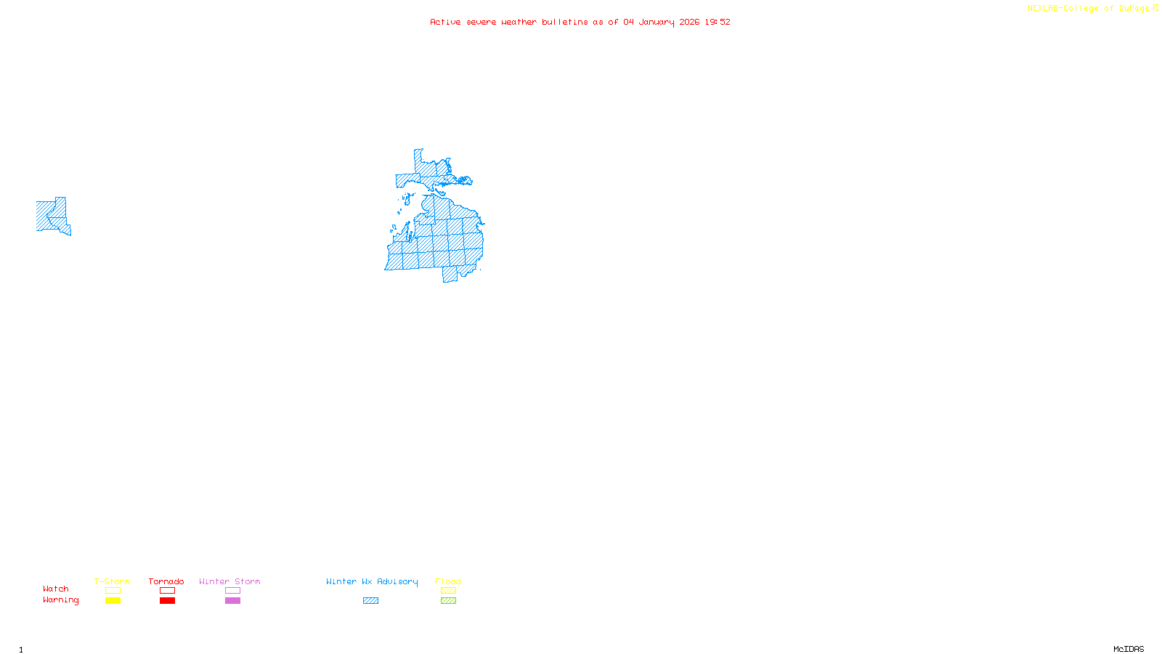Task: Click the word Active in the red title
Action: tap(444, 22)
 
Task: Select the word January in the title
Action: tap(657, 22)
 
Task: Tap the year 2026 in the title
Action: tap(689, 22)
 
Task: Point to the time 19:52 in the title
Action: tap(718, 22)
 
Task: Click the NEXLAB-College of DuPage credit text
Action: tap(1088, 8)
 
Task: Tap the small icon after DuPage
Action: tap(1155, 8)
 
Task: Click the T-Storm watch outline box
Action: tap(113, 591)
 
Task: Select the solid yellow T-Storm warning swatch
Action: tap(113, 601)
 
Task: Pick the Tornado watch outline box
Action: tap(167, 591)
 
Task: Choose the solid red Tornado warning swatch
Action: tap(167, 601)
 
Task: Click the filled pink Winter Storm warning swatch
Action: tap(232, 601)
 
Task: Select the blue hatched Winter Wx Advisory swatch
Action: tap(370, 601)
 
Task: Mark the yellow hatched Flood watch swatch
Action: tap(448, 591)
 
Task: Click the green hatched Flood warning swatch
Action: tap(448, 601)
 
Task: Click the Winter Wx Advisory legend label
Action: tap(372, 581)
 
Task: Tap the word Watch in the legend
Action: tap(56, 589)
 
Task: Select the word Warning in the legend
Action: tap(61, 600)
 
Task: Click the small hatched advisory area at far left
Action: tap(51, 216)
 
